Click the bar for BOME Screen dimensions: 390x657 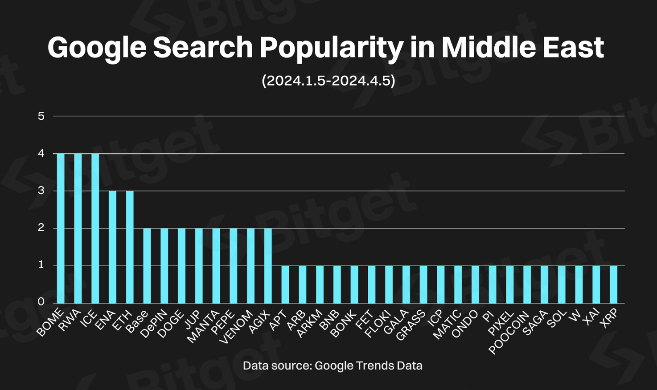(x=61, y=228)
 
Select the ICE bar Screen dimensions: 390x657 (x=95, y=228)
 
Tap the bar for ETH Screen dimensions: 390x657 (x=130, y=247)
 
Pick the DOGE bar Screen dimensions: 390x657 (x=181, y=266)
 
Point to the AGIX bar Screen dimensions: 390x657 (x=268, y=266)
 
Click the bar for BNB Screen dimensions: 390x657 (x=337, y=284)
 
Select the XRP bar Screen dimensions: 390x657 (x=614, y=284)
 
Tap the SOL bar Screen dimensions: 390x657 (x=562, y=284)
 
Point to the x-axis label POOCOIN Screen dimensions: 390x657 (x=509, y=333)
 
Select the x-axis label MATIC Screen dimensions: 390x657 (x=447, y=325)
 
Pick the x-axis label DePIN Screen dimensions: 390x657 (x=154, y=324)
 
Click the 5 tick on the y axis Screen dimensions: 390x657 (x=41, y=116)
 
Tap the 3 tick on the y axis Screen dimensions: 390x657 (x=41, y=191)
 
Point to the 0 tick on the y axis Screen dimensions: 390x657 (x=41, y=302)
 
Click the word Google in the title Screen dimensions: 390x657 (x=97, y=48)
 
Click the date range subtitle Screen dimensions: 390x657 (x=328, y=81)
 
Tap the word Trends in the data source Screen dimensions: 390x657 (x=370, y=366)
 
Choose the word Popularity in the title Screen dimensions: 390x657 (x=332, y=48)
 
